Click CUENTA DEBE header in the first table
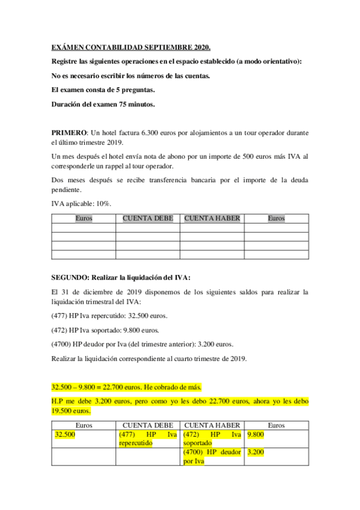(x=148, y=219)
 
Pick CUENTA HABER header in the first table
(x=212, y=219)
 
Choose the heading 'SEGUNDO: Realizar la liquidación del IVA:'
(x=120, y=277)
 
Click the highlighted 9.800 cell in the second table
(x=256, y=434)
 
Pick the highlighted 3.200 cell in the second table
(x=256, y=452)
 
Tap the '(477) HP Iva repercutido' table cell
(x=148, y=438)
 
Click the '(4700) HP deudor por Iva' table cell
(x=212, y=456)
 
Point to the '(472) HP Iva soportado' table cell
(x=212, y=438)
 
